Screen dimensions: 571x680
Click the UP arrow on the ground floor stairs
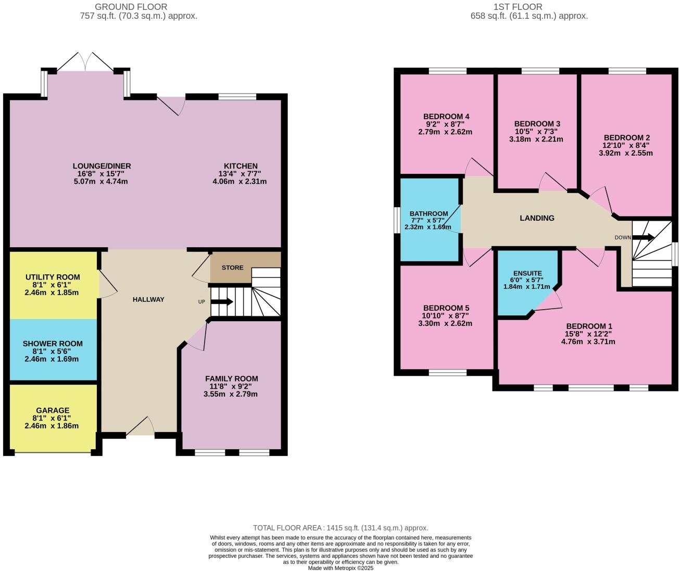(x=222, y=302)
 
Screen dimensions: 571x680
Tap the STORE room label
(x=232, y=268)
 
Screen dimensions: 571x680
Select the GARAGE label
(x=53, y=410)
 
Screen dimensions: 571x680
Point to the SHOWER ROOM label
(x=53, y=344)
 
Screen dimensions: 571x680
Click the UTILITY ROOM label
(x=53, y=277)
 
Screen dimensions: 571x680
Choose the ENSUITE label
(x=527, y=273)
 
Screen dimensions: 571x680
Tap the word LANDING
(x=537, y=218)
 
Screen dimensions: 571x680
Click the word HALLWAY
(x=148, y=299)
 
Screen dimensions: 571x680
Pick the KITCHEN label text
(x=241, y=166)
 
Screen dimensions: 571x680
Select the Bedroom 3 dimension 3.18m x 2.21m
(x=536, y=139)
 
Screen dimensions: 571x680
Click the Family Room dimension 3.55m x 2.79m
(x=231, y=394)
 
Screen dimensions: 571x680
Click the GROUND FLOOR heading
(x=131, y=7)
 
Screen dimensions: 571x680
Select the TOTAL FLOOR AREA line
(x=341, y=528)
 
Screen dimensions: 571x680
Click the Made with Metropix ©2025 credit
(x=341, y=568)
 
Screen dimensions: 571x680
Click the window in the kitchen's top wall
(x=237, y=96)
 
